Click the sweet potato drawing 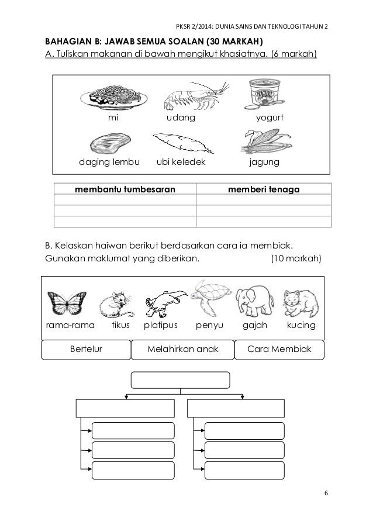click(x=179, y=143)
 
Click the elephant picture click(x=255, y=301)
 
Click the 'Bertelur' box click(x=85, y=350)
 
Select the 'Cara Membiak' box click(x=278, y=350)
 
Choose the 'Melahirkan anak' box click(x=182, y=350)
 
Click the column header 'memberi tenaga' click(x=263, y=189)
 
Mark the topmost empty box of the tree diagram click(x=180, y=379)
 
